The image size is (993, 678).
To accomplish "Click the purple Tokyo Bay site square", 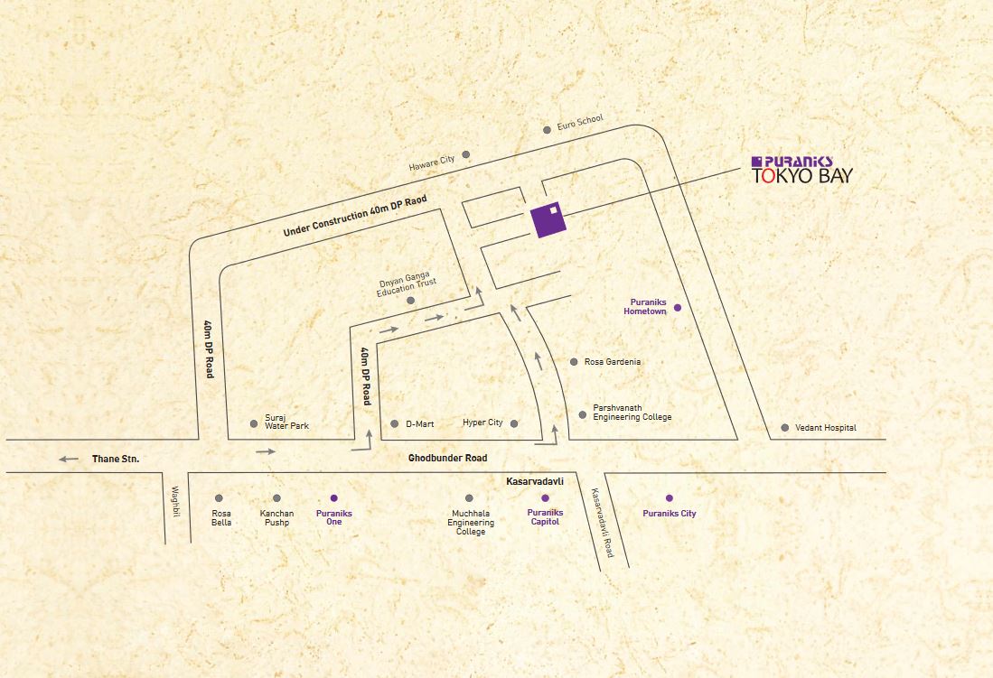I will point(548,218).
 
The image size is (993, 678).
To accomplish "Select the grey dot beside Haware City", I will point(466,154).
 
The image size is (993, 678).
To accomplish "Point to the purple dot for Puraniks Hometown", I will point(678,308).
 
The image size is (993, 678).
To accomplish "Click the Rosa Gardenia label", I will point(613,362).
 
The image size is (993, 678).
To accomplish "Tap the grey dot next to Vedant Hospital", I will point(785,428).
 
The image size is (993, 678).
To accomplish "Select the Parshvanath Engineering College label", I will point(632,413).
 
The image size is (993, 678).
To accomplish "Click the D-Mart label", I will point(421,423).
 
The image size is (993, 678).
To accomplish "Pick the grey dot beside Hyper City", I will point(514,423).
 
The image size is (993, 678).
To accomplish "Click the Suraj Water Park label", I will point(286,422).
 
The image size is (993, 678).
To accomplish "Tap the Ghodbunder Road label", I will point(447,459).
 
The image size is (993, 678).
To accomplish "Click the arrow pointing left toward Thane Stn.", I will point(69,460).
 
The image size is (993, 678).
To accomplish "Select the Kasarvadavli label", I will point(534,483).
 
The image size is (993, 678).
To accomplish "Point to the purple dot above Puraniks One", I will point(334,498).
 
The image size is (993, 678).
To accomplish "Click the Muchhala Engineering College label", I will point(471,523).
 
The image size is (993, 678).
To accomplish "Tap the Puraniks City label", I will point(670,514).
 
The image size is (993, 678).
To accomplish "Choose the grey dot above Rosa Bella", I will point(219,498).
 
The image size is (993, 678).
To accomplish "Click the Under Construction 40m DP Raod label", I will point(353,217).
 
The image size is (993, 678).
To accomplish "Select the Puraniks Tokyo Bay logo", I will point(801,170).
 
